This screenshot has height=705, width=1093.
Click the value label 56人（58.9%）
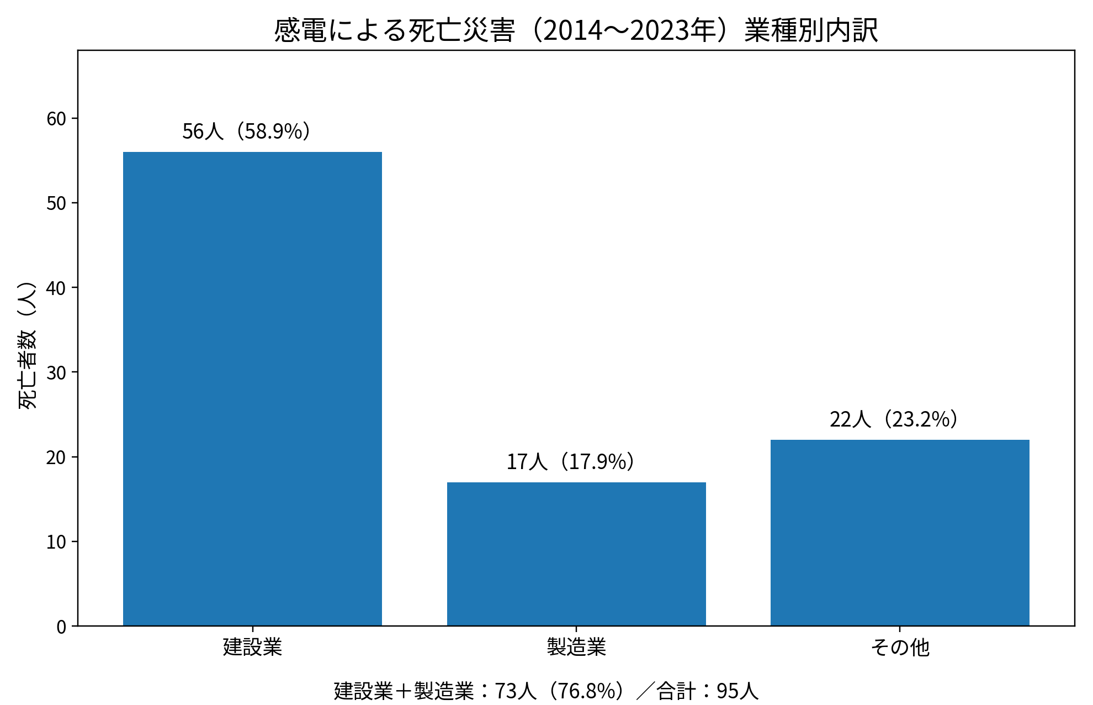tap(246, 131)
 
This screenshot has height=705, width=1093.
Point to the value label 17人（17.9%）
tap(570, 462)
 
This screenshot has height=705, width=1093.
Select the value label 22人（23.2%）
tap(894, 420)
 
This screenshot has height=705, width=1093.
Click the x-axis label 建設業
tap(252, 647)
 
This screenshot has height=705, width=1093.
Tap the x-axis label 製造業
tap(576, 647)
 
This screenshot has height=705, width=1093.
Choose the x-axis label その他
tap(900, 647)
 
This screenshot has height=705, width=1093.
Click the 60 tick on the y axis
tap(56, 119)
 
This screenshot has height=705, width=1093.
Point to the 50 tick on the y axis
tap(56, 203)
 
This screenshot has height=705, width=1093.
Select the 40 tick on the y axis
tap(56, 288)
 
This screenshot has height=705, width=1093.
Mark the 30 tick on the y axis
tap(56, 372)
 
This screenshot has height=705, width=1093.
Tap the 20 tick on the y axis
tap(56, 457)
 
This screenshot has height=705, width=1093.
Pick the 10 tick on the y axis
tap(56, 542)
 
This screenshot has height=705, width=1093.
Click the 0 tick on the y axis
tap(61, 627)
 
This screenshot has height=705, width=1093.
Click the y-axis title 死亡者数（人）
tap(28, 345)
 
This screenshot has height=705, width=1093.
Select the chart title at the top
tap(576, 30)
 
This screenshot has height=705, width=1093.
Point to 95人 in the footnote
tap(737, 691)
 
